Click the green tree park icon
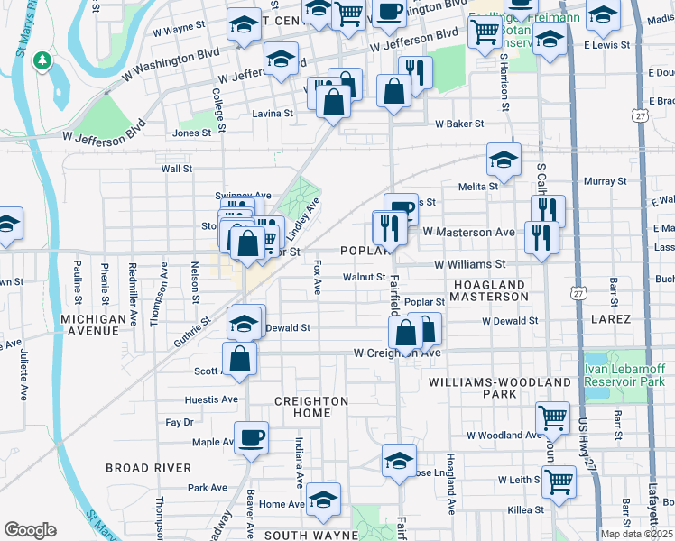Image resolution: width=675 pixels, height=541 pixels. point(41,60)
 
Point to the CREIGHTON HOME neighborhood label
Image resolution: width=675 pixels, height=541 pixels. point(311,407)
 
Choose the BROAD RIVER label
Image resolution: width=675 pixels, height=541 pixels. point(148,468)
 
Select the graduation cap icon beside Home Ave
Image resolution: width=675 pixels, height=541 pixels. point(323,499)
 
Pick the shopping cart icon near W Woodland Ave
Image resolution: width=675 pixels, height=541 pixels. point(552,417)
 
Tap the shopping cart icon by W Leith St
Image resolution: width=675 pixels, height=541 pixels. point(559,481)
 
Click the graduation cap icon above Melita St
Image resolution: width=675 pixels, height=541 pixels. point(504,160)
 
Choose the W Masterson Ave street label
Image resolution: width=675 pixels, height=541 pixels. point(468,232)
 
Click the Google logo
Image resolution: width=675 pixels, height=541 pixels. point(30,530)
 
